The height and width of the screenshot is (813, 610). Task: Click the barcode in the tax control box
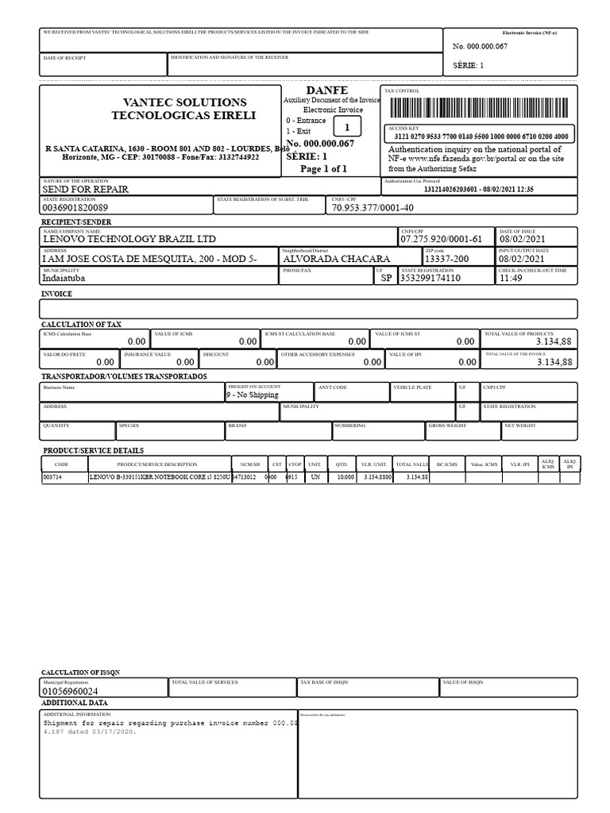(x=479, y=108)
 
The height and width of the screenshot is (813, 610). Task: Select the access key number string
(x=481, y=137)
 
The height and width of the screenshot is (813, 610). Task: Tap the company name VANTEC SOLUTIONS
(x=184, y=102)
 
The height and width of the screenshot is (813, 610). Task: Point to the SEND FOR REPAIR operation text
(x=85, y=190)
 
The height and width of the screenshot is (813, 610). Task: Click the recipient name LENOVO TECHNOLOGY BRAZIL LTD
(x=129, y=239)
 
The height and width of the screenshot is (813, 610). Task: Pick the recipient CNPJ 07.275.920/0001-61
(x=441, y=239)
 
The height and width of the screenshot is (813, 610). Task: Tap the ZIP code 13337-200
(x=446, y=259)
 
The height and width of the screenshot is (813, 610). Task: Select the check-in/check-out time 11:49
(x=511, y=279)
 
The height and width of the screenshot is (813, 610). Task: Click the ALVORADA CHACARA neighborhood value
(x=337, y=259)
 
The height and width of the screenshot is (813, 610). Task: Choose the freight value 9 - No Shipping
(x=253, y=394)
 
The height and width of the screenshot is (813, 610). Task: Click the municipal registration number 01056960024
(x=73, y=692)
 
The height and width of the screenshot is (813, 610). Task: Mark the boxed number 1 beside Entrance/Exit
(x=346, y=127)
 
